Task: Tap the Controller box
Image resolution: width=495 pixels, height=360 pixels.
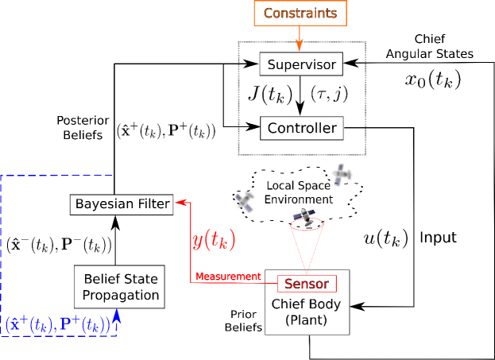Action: point(300,126)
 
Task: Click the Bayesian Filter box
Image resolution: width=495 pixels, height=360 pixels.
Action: point(122,204)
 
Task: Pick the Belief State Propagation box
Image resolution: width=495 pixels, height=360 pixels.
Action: point(121,287)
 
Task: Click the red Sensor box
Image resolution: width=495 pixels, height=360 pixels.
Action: point(307,284)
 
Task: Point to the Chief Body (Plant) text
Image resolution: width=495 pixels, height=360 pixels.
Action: point(307,312)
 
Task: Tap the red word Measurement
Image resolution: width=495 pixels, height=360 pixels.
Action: point(229,277)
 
